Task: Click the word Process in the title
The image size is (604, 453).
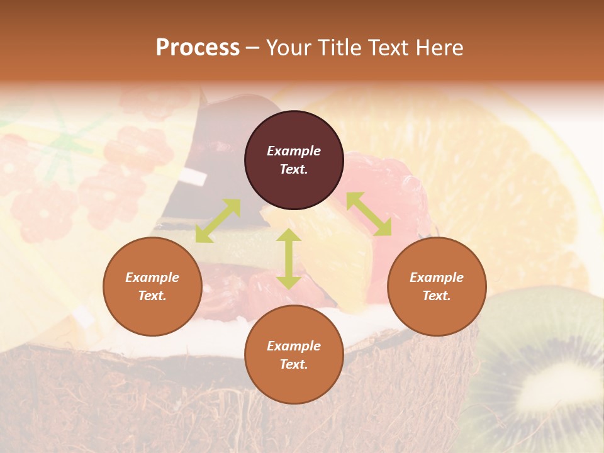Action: pyautogui.click(x=198, y=48)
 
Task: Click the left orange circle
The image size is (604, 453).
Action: pyautogui.click(x=152, y=286)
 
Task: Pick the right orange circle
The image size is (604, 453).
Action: pyautogui.click(x=437, y=286)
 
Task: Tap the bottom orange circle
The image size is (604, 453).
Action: pyautogui.click(x=294, y=355)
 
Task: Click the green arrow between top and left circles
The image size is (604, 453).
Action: pyautogui.click(x=218, y=221)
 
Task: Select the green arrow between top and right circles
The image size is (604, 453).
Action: pyautogui.click(x=369, y=215)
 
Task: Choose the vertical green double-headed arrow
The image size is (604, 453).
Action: pyautogui.click(x=289, y=259)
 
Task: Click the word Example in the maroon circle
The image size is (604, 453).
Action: pyautogui.click(x=294, y=151)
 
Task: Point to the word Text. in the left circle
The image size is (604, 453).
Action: pyautogui.click(x=152, y=296)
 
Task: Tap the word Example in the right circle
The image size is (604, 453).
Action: pyautogui.click(x=437, y=277)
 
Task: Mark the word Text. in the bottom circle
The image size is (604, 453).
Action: pyautogui.click(x=294, y=364)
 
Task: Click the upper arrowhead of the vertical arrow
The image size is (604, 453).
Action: pyautogui.click(x=289, y=235)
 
